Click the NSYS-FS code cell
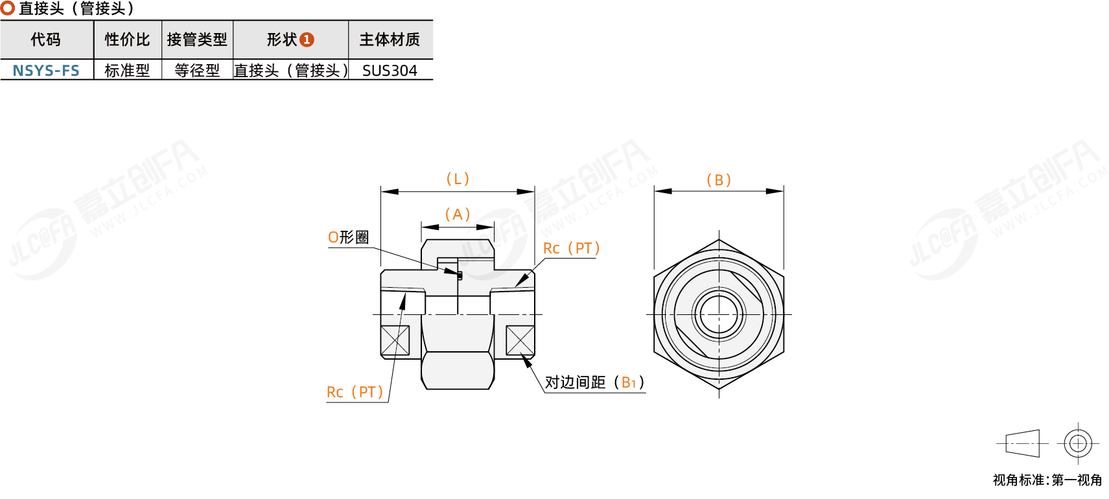(46, 70)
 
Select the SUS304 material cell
(390, 70)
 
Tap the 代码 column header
(46, 40)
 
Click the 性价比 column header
(127, 40)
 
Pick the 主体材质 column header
(390, 40)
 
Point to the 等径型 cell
(197, 70)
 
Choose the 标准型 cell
(127, 70)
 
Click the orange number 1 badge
(307, 40)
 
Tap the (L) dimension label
(458, 179)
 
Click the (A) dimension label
(458, 215)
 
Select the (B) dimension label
(719, 180)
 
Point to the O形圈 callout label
(348, 237)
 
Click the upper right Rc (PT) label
(571, 248)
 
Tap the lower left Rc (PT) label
(355, 392)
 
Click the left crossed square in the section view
(395, 340)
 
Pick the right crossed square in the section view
(520, 340)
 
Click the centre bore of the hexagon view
(719, 314)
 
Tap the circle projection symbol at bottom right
(1078, 444)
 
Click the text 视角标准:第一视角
(1047, 480)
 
